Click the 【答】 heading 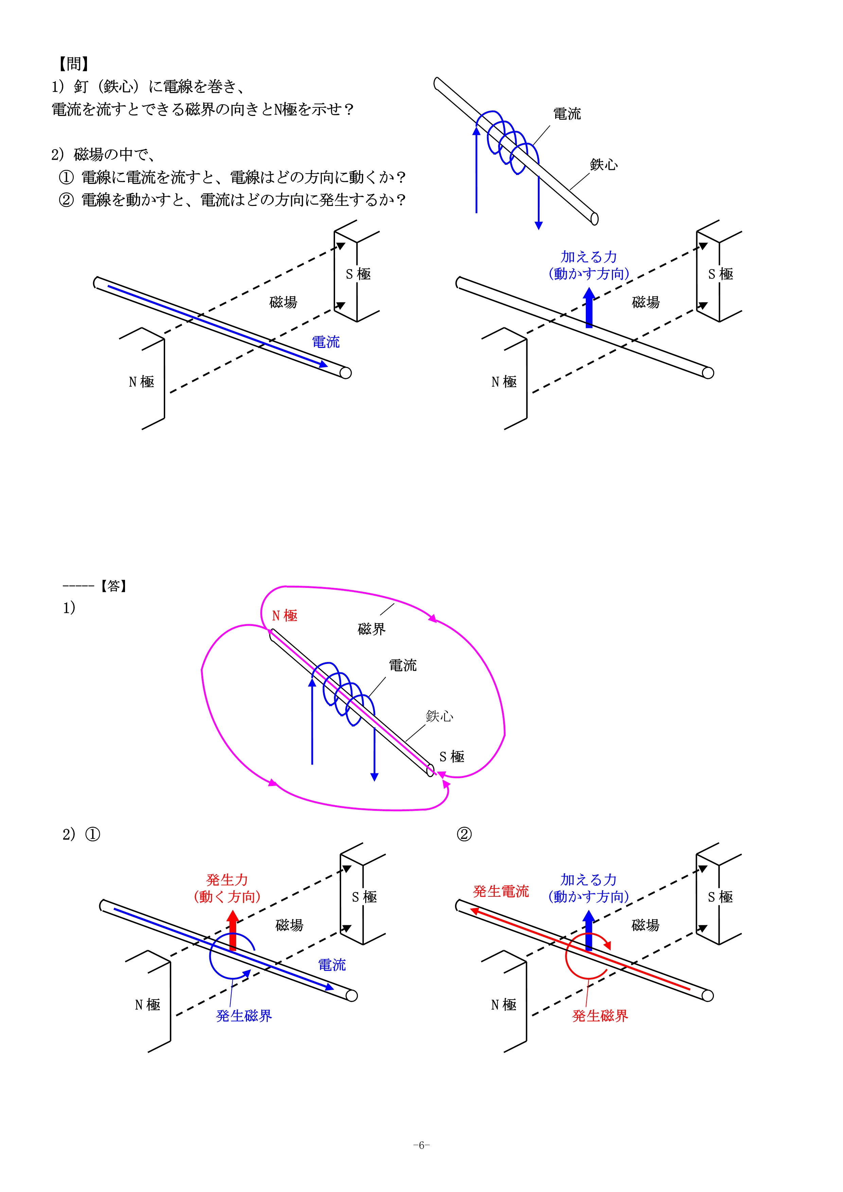point(113,586)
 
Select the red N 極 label point(285,616)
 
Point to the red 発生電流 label point(501,891)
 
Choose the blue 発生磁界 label point(244,1016)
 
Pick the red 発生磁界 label point(600,1016)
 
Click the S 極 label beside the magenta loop point(452,756)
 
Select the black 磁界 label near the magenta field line point(372,629)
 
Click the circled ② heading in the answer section point(464,834)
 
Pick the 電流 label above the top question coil point(567,114)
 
